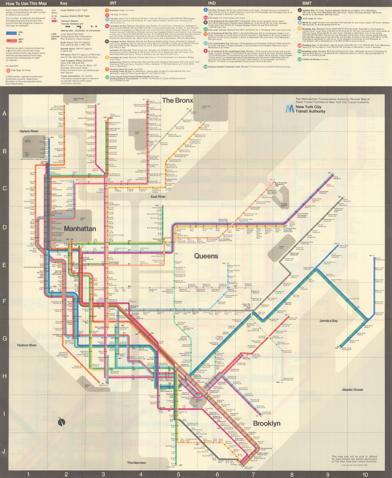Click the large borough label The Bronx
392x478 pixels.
point(178,100)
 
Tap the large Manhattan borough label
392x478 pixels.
point(80,228)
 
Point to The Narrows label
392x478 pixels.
point(136,463)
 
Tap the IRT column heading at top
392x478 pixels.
point(112,3)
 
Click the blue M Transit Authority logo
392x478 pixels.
point(289,109)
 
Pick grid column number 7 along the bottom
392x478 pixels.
point(253,474)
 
